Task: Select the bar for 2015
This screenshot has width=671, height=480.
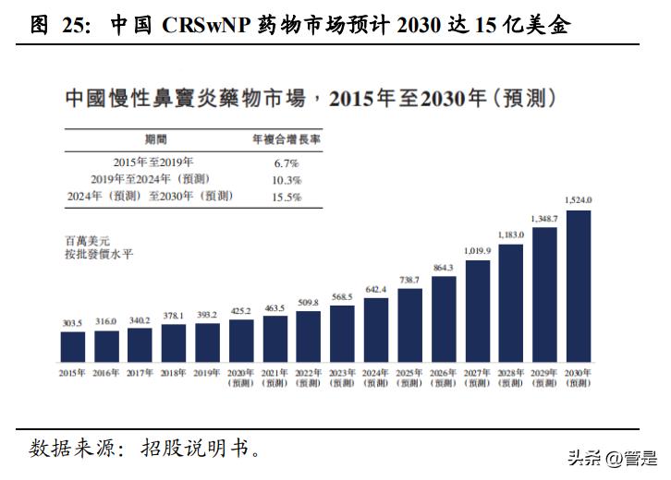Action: coord(73,346)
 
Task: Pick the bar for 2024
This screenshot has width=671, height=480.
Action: coord(376,330)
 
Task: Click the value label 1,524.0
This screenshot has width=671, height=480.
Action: coord(578,200)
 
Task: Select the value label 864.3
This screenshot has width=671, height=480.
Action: coord(443,268)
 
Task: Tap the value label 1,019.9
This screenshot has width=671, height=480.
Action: coord(477,250)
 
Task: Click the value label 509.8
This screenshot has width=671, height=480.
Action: coord(309,302)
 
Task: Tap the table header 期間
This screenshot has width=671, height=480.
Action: coord(157,139)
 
